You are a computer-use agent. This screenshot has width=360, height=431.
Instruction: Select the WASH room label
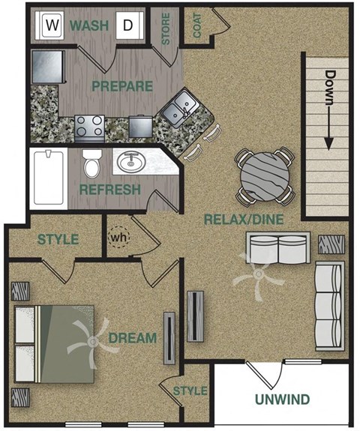pos(89,26)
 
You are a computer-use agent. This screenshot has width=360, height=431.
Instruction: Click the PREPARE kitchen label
pos(122,85)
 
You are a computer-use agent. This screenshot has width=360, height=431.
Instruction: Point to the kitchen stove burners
pos(89,126)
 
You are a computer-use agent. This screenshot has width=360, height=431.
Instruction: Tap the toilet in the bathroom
pos(92,163)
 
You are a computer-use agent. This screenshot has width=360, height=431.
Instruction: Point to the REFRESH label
pos(110,190)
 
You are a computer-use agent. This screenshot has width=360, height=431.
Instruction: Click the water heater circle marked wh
pos(118,238)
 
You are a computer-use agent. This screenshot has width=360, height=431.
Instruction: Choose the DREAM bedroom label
pos(132,339)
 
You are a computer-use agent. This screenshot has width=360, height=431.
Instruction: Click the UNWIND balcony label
pos(281,399)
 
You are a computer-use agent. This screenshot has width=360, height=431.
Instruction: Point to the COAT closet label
pos(197,25)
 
